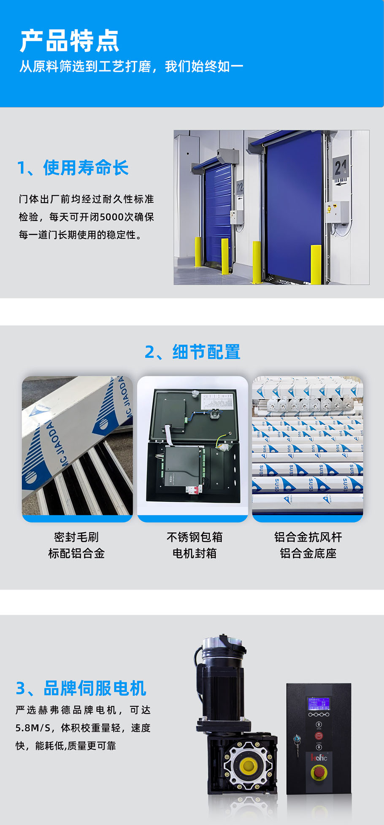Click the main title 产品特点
point(70,41)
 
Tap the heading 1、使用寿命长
point(73,168)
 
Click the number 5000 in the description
point(112,217)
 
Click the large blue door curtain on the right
point(294,207)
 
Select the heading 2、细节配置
point(192,352)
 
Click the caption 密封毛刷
point(76,537)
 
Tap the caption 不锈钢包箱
point(195,537)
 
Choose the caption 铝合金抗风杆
point(308,537)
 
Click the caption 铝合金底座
point(308,553)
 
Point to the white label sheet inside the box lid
point(217,402)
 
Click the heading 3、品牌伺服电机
point(81,688)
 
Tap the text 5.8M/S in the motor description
point(33,728)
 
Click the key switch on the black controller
point(297,739)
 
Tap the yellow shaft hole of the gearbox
point(248,765)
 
